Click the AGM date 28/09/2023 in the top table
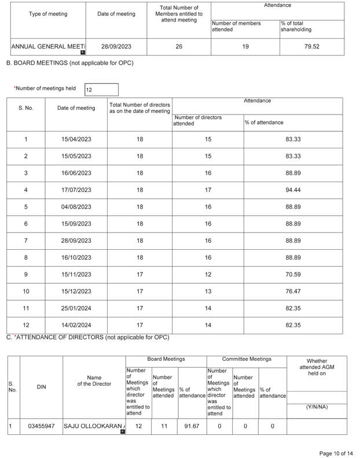coord(116,47)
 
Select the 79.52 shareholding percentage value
coord(312,47)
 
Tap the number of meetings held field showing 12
coord(101,90)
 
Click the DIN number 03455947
coord(41,426)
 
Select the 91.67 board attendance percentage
coord(192,426)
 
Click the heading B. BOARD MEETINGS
coord(69,62)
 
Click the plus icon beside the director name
coord(122,431)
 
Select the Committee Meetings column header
coord(246,359)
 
